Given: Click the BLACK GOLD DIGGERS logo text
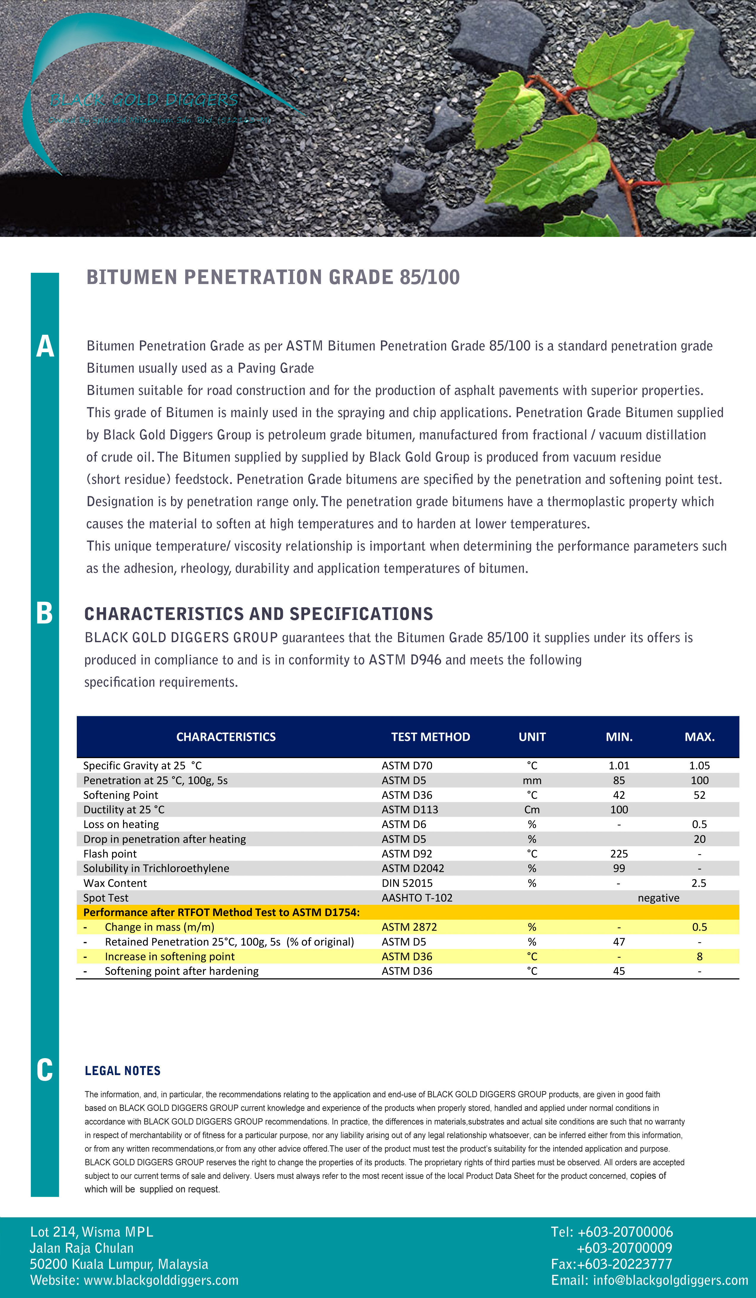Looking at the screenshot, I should point(144,100).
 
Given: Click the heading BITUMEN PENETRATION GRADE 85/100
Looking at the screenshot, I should point(273,277).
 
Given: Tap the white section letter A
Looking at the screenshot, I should point(45,346).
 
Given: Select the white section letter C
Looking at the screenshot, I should point(45,1070).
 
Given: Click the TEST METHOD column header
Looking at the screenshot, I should point(430,736).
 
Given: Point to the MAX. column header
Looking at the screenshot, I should point(699,736).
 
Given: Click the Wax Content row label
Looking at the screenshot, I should point(115,883).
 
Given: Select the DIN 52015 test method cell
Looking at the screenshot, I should point(407,883).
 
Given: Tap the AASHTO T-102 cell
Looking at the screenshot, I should point(417,898).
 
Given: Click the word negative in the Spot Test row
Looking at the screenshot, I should point(658,898).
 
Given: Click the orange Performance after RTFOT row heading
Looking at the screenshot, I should point(221,912).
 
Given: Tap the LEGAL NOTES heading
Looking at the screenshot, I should point(122,1071).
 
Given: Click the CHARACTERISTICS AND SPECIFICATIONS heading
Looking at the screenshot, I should point(259,614).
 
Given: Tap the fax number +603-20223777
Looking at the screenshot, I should point(624,1264).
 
